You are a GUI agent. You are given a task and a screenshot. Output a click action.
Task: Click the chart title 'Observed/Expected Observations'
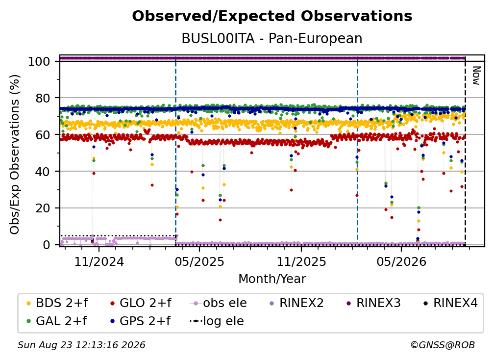272,16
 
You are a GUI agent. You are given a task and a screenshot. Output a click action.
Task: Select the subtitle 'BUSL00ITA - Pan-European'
272,38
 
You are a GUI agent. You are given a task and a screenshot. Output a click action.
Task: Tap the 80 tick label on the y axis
43,98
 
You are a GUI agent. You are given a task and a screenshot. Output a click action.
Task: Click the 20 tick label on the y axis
43,208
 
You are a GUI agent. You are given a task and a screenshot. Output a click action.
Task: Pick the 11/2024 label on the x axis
99,261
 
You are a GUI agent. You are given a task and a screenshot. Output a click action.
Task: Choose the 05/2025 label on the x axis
199,261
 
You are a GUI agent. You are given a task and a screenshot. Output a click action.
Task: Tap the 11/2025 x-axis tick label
301,261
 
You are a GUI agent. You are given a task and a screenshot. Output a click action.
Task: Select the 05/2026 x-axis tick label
401,261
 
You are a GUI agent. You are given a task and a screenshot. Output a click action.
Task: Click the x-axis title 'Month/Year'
272,279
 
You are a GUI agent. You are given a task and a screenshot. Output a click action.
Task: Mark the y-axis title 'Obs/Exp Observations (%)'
15,154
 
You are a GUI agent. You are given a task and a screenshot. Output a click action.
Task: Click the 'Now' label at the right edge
476,76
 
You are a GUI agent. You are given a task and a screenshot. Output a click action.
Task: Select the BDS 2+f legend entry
57,303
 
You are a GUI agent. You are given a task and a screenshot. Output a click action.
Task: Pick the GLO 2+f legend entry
141,303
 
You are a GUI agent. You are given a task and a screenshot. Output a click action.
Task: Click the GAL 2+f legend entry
56,321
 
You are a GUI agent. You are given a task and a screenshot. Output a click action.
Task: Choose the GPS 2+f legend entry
140,321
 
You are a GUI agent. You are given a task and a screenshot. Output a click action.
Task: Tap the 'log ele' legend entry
217,321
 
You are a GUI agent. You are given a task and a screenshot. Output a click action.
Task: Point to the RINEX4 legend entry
450,303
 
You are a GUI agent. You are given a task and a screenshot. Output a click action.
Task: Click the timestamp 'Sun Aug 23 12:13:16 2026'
81,345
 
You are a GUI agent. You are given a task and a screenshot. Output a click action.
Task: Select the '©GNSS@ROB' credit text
443,345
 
